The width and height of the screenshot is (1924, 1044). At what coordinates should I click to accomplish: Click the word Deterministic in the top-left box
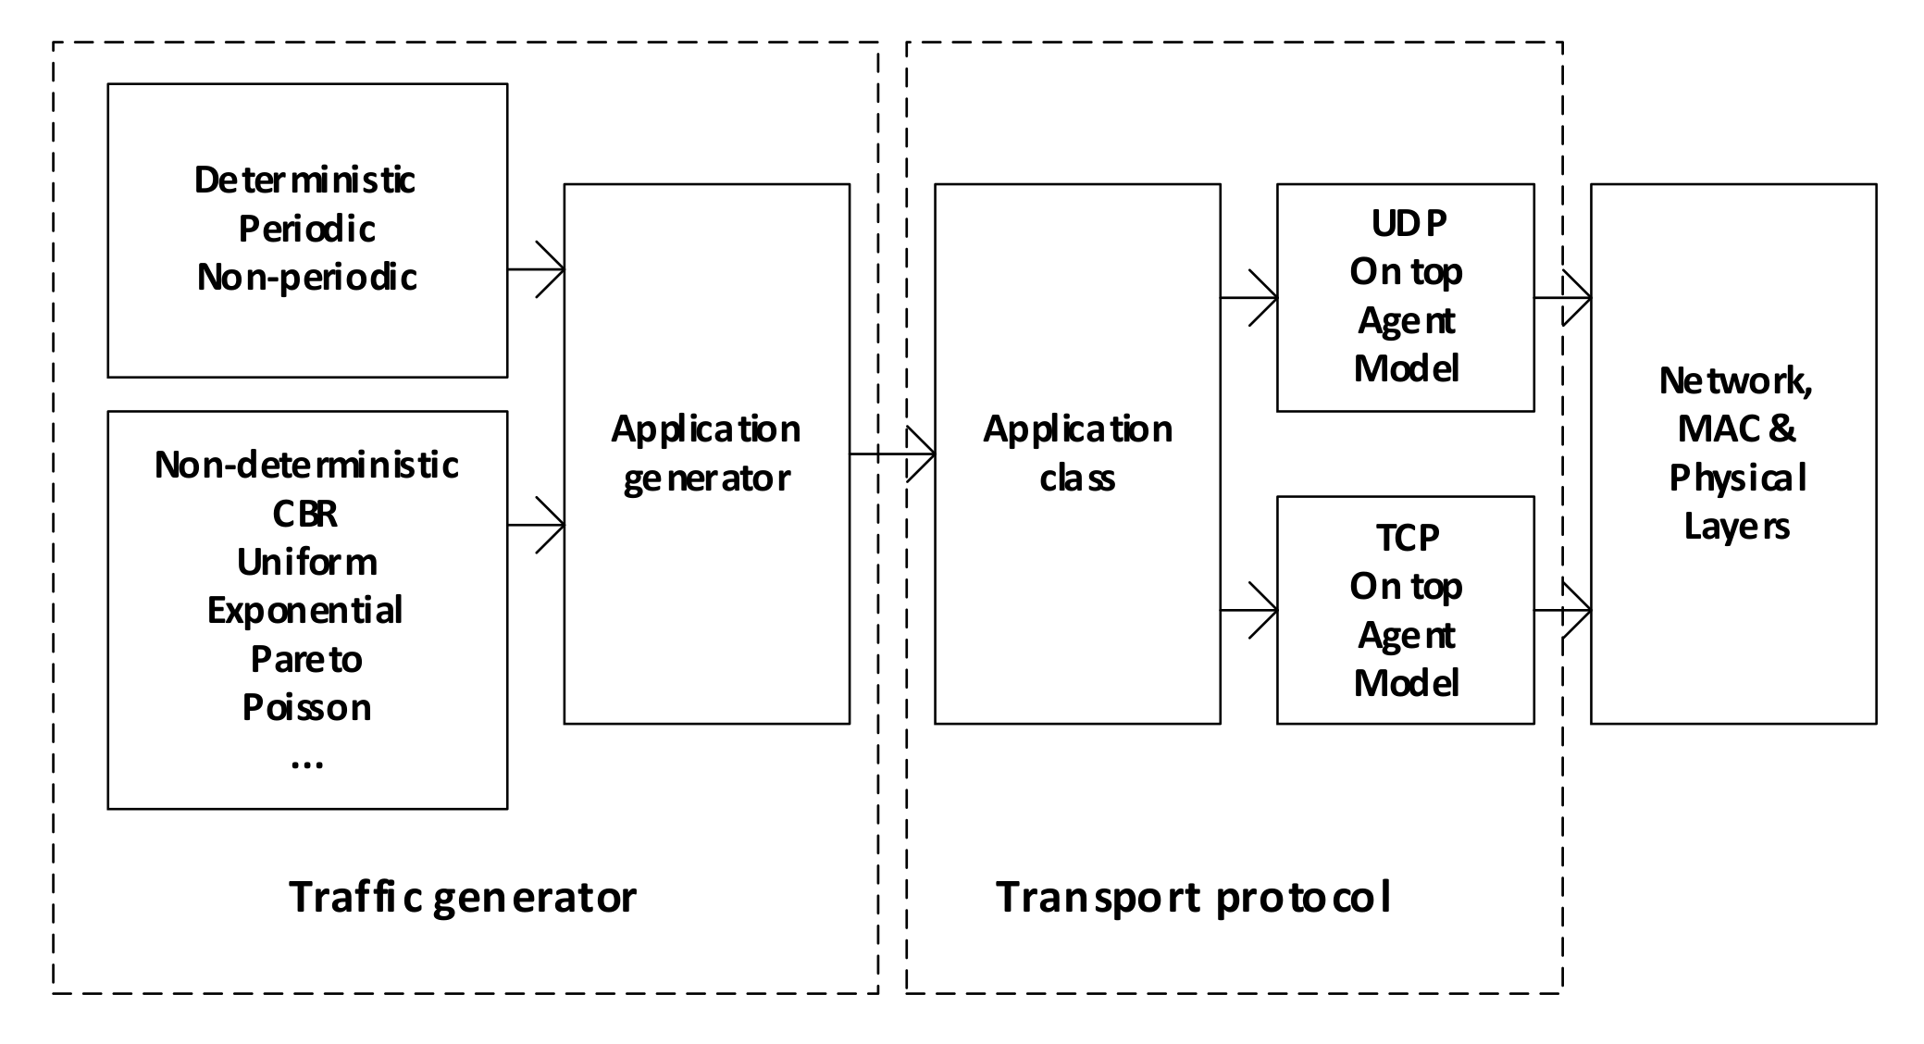point(304,180)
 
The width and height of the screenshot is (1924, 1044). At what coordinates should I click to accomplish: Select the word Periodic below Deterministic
point(306,229)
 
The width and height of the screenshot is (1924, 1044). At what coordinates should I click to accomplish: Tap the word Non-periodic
point(306,277)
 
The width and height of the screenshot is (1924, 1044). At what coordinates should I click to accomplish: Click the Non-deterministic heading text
point(306,465)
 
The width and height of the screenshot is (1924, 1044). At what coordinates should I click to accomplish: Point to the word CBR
point(305,514)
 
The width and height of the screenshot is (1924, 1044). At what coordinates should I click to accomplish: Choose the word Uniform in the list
point(306,562)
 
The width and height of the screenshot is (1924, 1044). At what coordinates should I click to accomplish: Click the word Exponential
point(304,611)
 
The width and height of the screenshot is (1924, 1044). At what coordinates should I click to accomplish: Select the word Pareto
point(306,659)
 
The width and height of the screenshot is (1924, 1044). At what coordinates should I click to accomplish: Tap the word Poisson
point(306,707)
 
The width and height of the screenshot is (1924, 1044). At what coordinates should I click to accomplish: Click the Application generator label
point(706,454)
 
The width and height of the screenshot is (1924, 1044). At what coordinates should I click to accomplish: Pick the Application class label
point(1077,454)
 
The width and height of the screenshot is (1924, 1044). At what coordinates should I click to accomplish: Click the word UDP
point(1408,223)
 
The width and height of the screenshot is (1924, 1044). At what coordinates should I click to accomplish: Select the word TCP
point(1408,538)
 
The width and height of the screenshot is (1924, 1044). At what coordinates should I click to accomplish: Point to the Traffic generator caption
point(463,897)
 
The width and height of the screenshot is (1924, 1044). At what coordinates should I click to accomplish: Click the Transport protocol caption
point(1193,897)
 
